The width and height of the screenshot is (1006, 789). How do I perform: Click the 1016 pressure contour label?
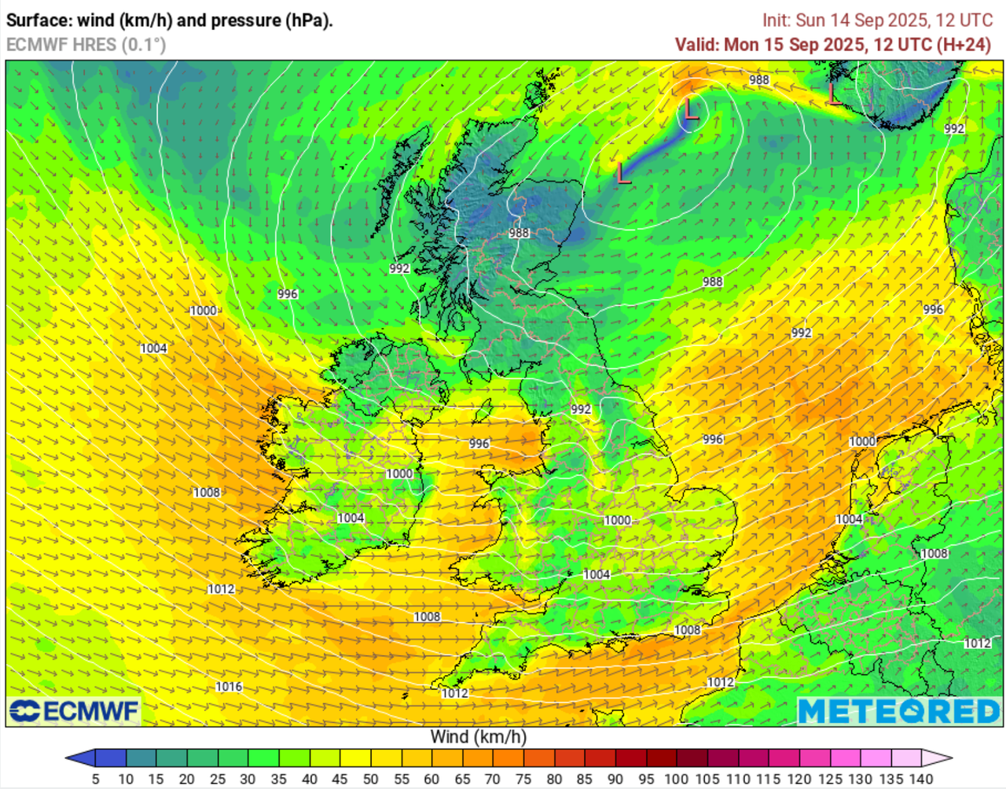tap(229, 687)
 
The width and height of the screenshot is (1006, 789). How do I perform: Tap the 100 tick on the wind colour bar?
tap(676, 779)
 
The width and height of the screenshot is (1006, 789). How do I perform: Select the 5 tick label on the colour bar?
tap(95, 779)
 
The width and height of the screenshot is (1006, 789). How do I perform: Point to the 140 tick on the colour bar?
tap(921, 779)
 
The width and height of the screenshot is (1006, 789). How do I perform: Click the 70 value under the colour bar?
tap(492, 779)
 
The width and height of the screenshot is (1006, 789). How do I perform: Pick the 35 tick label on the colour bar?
tap(278, 779)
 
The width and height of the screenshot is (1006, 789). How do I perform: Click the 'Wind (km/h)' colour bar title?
tap(478, 737)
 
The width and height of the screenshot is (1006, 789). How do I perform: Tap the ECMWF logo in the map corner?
tap(74, 711)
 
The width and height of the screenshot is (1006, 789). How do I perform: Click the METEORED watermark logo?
tap(899, 711)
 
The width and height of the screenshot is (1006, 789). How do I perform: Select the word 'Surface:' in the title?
tap(39, 20)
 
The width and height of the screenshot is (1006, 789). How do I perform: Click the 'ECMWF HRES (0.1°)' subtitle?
tap(86, 45)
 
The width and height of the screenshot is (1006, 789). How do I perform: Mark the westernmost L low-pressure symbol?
tap(623, 172)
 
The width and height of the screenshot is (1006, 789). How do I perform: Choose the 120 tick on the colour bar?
tap(799, 779)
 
